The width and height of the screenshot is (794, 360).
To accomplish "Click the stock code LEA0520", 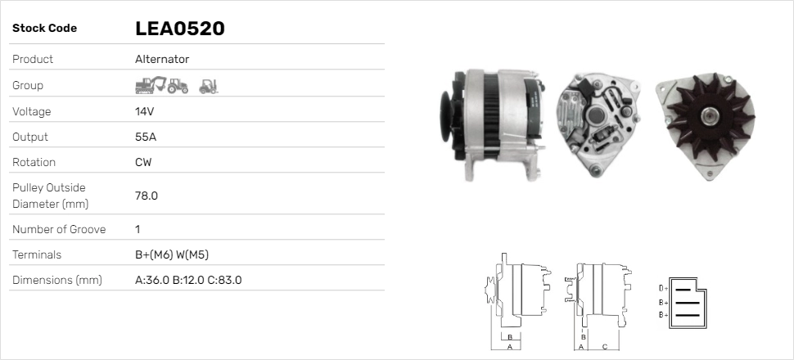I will pos(179,29).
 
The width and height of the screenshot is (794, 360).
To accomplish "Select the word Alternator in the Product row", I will pos(162,60).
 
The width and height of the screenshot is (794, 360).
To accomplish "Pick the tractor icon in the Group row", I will pos(178,85).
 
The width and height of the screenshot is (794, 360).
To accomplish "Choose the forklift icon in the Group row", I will pos(208,85).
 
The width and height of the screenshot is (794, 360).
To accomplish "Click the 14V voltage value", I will pos(145,111).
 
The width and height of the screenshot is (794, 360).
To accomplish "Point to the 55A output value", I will pos(146,137).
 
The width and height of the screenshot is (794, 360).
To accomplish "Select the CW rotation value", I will pos(143,162).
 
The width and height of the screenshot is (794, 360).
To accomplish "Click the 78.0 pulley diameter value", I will pos(147,196).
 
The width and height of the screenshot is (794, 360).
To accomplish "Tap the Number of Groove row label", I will pos(59,229).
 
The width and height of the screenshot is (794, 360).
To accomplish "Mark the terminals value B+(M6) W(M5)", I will pos(178,254).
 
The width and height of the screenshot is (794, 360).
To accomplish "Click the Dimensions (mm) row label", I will pos(56,280).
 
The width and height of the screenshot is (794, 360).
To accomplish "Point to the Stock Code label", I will pos(44,29).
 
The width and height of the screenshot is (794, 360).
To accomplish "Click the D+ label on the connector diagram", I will pos(663,288).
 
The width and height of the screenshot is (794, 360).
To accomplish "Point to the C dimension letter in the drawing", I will pos(604,346).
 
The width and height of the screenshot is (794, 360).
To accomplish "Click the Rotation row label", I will pos(35,162).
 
